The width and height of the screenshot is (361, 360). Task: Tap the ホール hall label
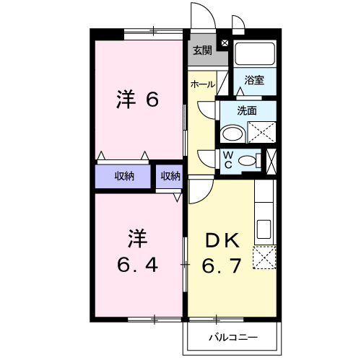(201, 84)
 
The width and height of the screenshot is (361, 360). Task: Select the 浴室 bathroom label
(253, 80)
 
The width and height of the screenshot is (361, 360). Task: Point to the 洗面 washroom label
(248, 111)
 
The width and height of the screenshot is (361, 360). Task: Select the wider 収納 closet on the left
(123, 175)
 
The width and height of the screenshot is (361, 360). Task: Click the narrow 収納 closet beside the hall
(170, 175)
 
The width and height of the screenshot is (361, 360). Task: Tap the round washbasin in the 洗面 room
(232, 134)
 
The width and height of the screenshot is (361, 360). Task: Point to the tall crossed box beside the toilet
(271, 159)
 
